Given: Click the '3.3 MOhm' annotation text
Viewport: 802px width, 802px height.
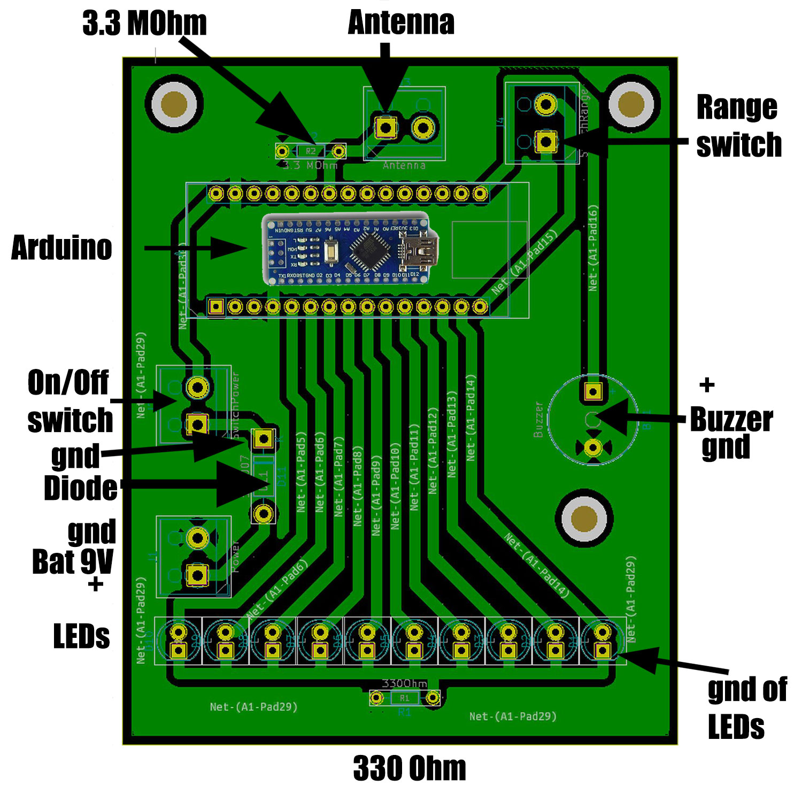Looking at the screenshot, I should pos(144,24).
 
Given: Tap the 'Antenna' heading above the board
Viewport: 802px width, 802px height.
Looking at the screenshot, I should pos(401,23).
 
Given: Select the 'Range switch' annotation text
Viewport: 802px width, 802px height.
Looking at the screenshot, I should pos(738,126).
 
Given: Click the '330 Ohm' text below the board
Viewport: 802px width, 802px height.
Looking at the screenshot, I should pos(410,768).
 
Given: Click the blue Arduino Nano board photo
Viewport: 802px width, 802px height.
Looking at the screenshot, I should pos(350,249).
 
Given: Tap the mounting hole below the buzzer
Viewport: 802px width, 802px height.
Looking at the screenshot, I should pos(584,518).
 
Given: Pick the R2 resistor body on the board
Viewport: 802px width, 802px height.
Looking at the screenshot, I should pos(311,151).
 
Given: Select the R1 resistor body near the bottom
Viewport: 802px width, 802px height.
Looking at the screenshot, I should pos(404,698).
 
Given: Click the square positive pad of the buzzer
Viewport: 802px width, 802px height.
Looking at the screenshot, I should pos(592,391).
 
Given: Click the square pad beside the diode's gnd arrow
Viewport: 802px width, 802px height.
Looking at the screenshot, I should pos(263,439).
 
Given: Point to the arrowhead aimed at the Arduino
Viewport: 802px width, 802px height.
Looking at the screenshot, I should pos(230,248).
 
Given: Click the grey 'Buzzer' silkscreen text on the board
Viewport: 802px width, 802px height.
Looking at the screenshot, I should pos(538,420).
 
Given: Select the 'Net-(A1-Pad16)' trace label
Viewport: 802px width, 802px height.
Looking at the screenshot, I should pos(593,248).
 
